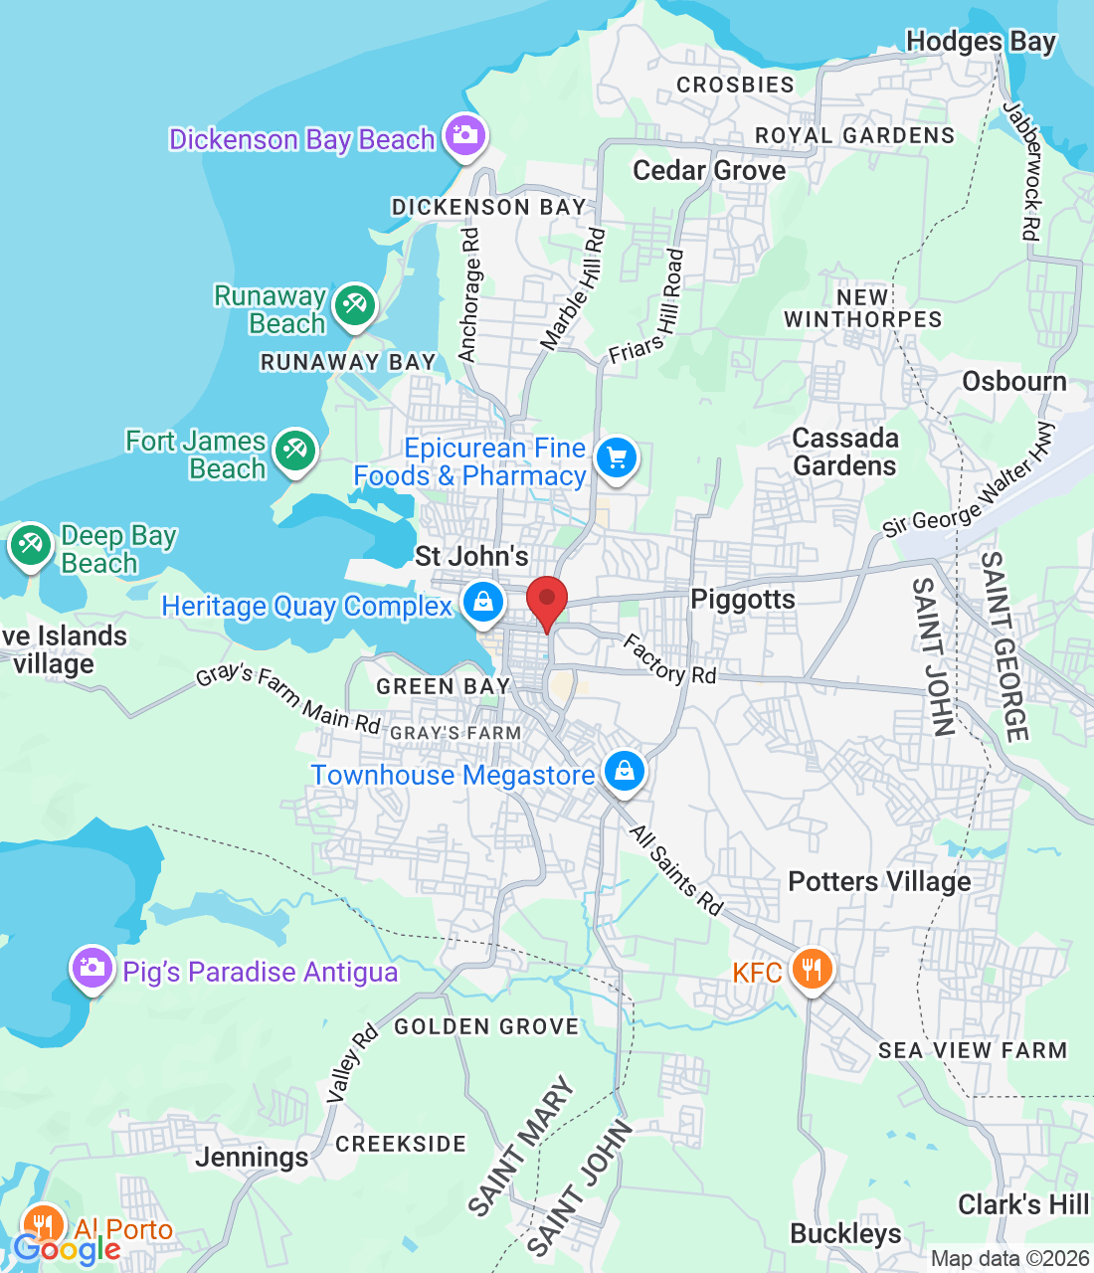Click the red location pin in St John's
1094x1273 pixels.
tap(546, 601)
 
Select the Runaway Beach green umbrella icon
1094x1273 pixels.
tap(354, 304)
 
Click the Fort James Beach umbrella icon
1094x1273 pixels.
tap(294, 451)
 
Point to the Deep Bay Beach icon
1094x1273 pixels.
tap(31, 545)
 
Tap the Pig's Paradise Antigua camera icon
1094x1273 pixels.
tap(91, 968)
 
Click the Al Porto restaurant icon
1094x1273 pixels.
tap(43, 1224)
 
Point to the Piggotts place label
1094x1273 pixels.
tap(743, 599)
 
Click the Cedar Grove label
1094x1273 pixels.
tap(709, 170)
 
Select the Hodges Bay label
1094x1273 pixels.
tap(980, 42)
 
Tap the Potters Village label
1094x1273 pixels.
tap(879, 881)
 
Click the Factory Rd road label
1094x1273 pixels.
tap(669, 659)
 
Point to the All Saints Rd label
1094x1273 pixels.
tap(676, 869)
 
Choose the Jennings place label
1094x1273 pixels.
tap(252, 1157)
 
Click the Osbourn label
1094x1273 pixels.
tap(1013, 382)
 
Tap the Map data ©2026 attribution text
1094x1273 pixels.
tap(1009, 1258)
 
